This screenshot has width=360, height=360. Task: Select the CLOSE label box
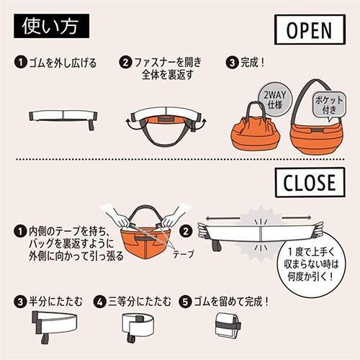(x=305, y=183)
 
